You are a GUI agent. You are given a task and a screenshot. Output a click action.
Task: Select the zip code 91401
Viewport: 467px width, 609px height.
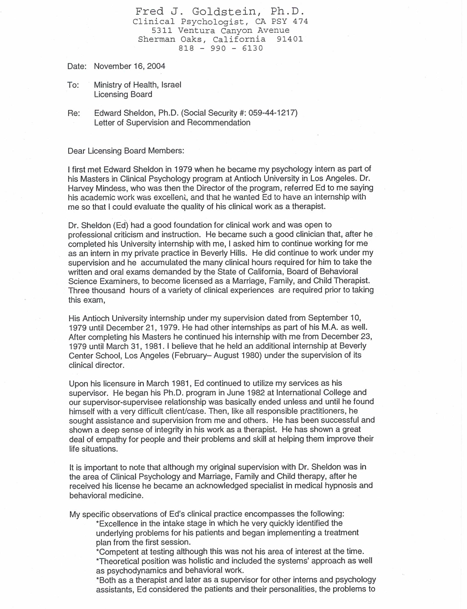pyautogui.click(x=290, y=39)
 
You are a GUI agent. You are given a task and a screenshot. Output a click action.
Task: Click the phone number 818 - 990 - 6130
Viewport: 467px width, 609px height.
pyautogui.click(x=221, y=48)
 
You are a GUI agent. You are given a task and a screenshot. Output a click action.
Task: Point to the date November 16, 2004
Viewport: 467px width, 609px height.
pyautogui.click(x=130, y=66)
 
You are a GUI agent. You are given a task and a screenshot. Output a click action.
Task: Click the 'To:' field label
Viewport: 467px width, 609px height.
pyautogui.click(x=73, y=85)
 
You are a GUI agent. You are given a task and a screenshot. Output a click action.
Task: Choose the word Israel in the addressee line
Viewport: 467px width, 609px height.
pyautogui.click(x=171, y=85)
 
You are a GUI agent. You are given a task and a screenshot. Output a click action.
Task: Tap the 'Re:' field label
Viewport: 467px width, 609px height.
pyautogui.click(x=74, y=113)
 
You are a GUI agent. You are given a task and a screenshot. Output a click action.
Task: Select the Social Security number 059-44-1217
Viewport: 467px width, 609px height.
pyautogui.click(x=272, y=113)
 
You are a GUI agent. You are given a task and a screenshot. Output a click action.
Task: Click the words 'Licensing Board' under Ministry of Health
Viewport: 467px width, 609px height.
pyautogui.click(x=123, y=94)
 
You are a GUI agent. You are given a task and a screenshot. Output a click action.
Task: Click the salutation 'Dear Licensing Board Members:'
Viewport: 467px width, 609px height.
pyautogui.click(x=126, y=151)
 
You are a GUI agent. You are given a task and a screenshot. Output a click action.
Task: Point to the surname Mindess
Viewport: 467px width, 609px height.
pyautogui.click(x=106, y=188)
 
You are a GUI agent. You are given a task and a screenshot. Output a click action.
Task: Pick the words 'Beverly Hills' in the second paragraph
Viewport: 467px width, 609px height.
pyautogui.click(x=222, y=253)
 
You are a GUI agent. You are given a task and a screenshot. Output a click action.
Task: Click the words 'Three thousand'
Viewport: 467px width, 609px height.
pyautogui.click(x=97, y=290)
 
